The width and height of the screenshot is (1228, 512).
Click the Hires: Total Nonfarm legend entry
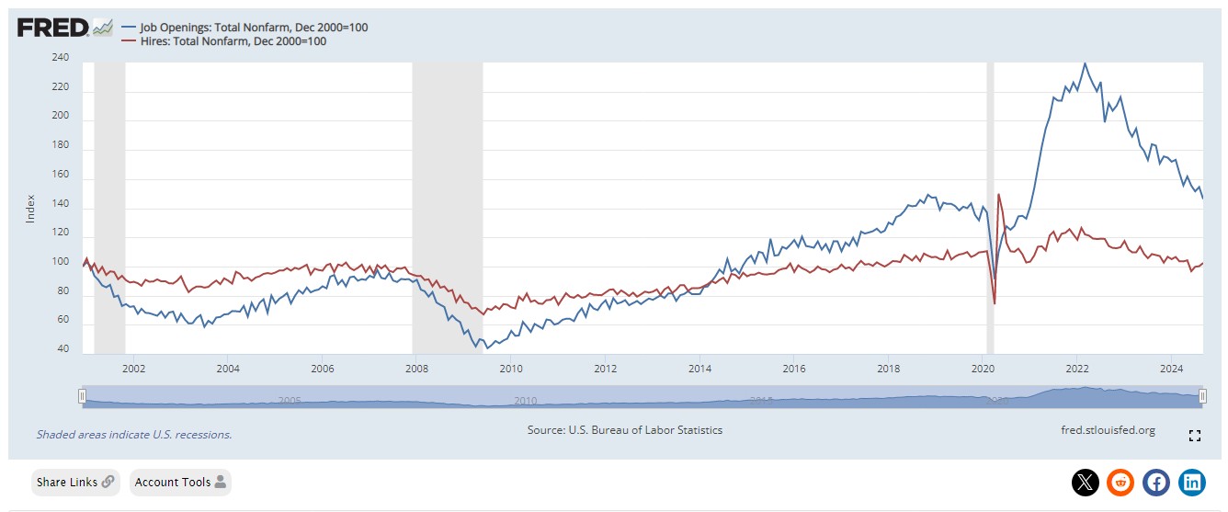pyautogui.click(x=230, y=41)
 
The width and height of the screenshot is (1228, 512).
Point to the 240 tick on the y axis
pyautogui.click(x=61, y=58)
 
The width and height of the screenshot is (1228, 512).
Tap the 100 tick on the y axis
pyautogui.click(x=61, y=263)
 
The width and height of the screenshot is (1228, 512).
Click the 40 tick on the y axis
pyautogui.click(x=63, y=349)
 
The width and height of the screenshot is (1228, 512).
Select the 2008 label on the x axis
pyautogui.click(x=416, y=370)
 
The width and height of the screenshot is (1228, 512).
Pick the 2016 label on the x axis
pyautogui.click(x=793, y=370)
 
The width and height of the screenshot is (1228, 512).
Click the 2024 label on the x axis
pyautogui.click(x=1171, y=370)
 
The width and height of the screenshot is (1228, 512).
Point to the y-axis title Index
pyautogui.click(x=29, y=209)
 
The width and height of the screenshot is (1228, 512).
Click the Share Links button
pyautogui.click(x=75, y=482)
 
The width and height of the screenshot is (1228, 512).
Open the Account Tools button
pyautogui.click(x=180, y=482)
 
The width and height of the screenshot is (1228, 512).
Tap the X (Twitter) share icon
pyautogui.click(x=1086, y=482)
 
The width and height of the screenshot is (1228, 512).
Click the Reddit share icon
pyautogui.click(x=1120, y=482)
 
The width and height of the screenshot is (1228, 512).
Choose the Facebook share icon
pyautogui.click(x=1156, y=482)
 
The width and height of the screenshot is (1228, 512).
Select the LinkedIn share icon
pyautogui.click(x=1192, y=482)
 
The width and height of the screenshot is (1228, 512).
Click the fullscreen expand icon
pyautogui.click(x=1195, y=436)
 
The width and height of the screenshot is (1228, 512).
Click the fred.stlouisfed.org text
pyautogui.click(x=1108, y=430)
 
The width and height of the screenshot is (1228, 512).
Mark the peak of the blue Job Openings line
pyautogui.click(x=1086, y=63)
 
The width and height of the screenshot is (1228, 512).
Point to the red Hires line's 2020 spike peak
pyautogui.click(x=998, y=194)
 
